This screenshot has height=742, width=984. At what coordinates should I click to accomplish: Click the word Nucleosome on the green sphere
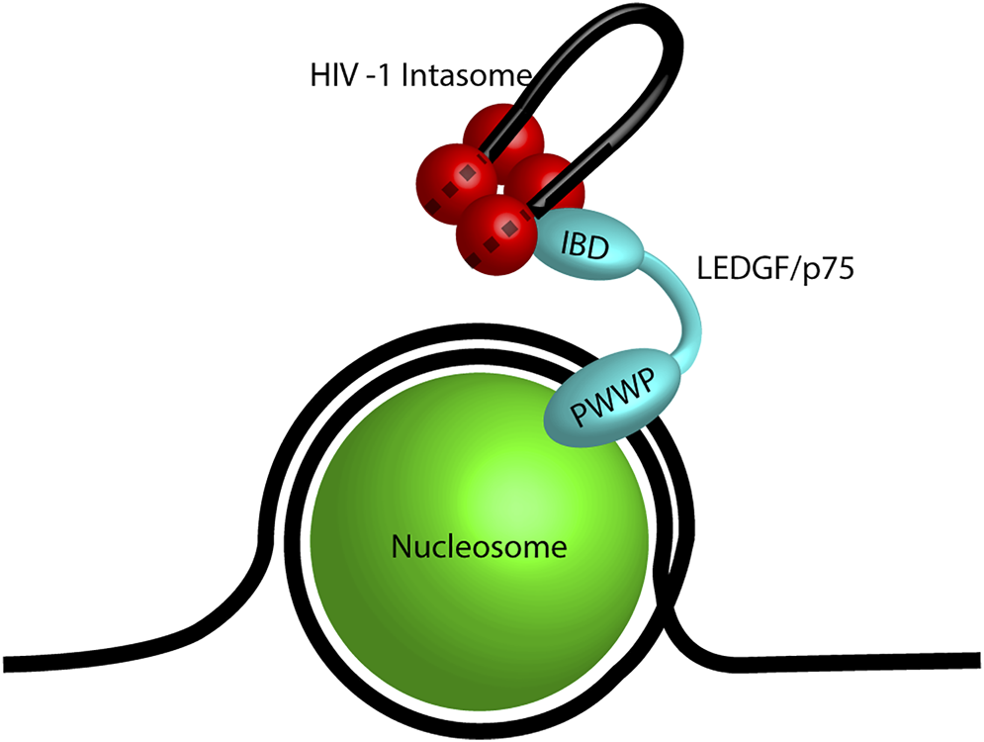[480, 547]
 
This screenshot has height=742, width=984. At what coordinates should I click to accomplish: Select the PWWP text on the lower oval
[613, 399]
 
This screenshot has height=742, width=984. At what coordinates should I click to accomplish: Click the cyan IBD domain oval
[588, 247]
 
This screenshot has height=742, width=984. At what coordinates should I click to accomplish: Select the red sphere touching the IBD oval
[499, 233]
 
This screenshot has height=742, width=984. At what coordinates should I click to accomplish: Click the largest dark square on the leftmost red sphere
[466, 174]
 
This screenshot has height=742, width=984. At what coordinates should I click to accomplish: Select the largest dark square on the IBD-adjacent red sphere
[508, 230]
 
